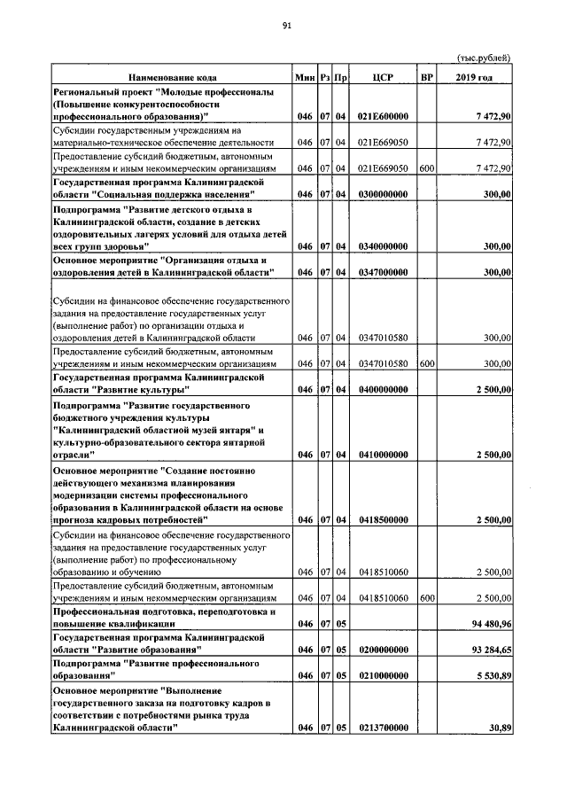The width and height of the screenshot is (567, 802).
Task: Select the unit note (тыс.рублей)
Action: [484, 58]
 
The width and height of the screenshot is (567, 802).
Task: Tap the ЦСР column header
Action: [383, 78]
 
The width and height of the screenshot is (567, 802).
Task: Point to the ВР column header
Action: [426, 78]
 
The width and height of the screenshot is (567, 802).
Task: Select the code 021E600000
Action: [383, 117]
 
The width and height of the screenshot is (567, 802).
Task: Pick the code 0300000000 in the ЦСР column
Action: [383, 194]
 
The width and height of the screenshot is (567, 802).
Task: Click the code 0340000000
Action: [383, 246]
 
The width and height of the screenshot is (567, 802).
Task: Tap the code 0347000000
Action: [383, 272]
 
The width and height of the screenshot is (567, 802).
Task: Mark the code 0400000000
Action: [383, 389]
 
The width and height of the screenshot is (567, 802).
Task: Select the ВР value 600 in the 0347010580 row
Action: [426, 363]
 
